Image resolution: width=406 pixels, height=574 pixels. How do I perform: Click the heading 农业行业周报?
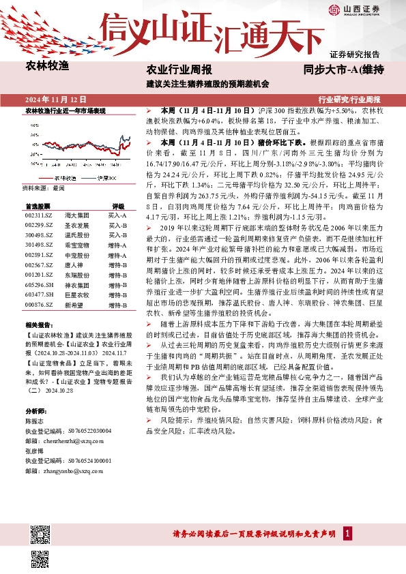(179, 70)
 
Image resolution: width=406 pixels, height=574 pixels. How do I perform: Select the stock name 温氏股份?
(76, 234)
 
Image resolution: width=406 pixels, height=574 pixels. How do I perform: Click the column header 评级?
(119, 205)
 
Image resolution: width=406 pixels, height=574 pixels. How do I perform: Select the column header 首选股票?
(38, 205)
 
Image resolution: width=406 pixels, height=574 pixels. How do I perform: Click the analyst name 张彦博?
(34, 451)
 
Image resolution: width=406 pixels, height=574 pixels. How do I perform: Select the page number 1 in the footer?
(348, 533)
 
